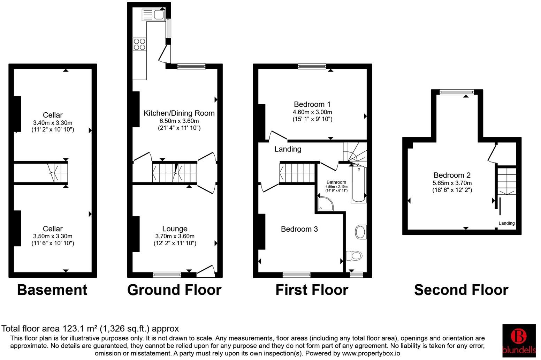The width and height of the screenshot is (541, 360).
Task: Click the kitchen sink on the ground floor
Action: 154,15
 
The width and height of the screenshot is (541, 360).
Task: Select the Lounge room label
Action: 175,229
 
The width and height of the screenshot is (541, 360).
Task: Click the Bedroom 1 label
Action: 312,104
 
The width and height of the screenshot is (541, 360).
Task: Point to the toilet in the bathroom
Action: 355,256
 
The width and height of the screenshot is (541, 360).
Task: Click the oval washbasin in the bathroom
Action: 361,232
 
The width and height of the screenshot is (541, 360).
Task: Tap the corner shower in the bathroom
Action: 325,203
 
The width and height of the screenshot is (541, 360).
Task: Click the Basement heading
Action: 52,290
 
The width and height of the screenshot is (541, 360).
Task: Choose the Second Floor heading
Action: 461,290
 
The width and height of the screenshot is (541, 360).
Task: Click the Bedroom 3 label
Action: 299,229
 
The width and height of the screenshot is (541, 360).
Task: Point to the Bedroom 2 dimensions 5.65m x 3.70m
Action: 452,183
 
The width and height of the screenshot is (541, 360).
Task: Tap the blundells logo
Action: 519,340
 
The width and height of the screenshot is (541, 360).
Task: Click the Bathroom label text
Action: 336,182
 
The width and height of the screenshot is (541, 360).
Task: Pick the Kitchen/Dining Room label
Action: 179,113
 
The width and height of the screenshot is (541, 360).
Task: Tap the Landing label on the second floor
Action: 506,223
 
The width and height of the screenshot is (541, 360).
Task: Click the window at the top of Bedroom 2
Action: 457,92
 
